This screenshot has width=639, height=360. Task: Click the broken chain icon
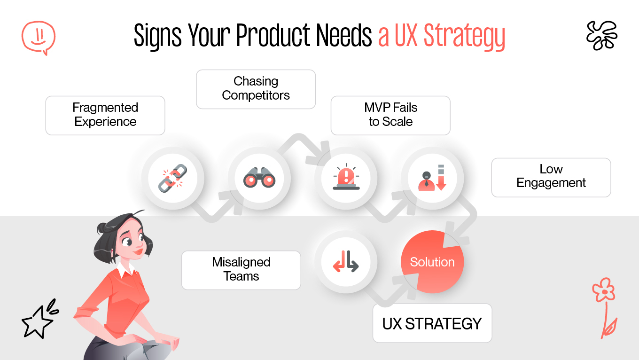pos(172,178)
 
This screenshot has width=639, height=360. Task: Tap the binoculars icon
pos(259,178)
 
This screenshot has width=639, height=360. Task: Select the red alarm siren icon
pos(346,178)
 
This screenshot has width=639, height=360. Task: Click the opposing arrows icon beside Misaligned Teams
pos(346,262)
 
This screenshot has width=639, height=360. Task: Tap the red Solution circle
pos(432,262)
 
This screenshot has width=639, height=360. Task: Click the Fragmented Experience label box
pos(105,115)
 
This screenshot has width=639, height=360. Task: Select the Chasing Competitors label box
pos(256,89)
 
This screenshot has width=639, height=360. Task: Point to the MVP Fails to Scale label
pos(390,115)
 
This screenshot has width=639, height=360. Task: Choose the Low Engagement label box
pos(551,177)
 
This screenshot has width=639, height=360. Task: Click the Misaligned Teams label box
pos(241,270)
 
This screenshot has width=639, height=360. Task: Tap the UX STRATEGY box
pos(432,323)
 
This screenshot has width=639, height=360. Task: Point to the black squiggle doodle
pos(601,35)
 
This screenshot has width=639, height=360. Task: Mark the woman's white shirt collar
pos(125,270)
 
